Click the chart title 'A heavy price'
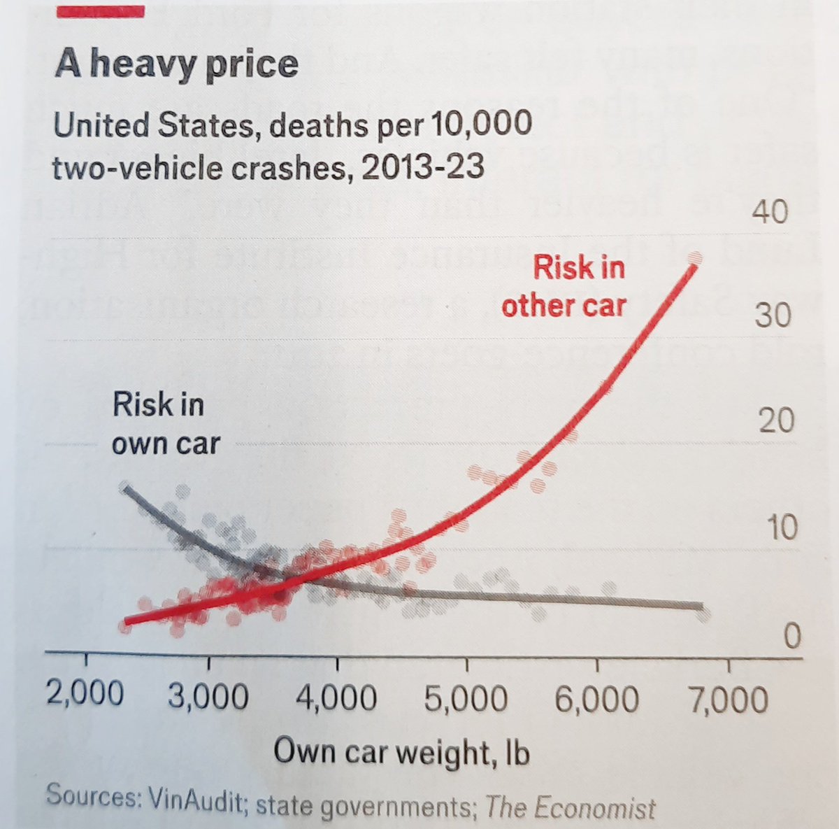click(176, 64)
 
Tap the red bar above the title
click(101, 11)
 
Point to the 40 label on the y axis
click(770, 212)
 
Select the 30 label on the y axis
click(772, 316)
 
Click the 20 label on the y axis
click(775, 420)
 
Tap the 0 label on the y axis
click(791, 637)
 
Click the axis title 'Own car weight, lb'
click(401, 753)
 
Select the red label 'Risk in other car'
click(564, 286)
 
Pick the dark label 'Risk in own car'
click(165, 424)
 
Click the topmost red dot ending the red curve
click(694, 258)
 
